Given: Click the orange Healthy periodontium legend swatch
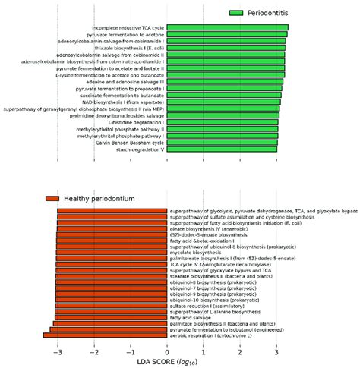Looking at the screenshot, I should (52, 198).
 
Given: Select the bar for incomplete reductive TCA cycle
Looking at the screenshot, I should (227, 28).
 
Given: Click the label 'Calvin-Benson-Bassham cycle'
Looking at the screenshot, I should (130, 142).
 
